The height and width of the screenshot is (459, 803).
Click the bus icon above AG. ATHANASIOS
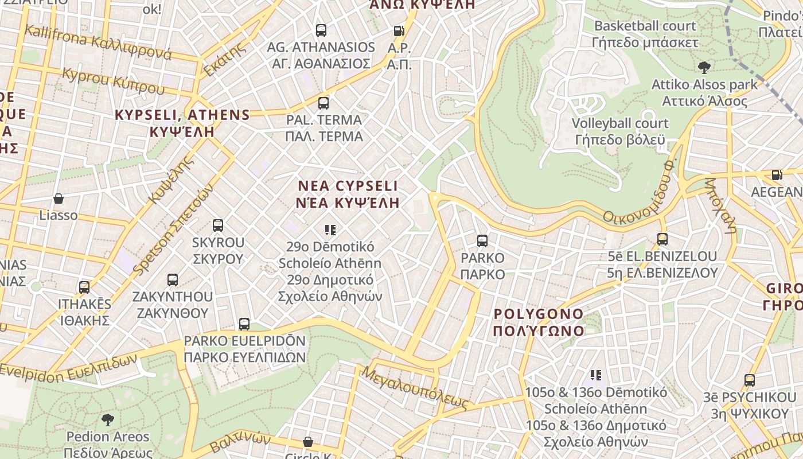pyautogui.click(x=321, y=30)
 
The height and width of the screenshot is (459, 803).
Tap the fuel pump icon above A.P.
pyautogui.click(x=399, y=31)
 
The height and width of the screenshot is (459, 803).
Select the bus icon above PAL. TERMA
pyautogui.click(x=323, y=103)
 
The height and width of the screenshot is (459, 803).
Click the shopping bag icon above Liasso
pyautogui.click(x=58, y=199)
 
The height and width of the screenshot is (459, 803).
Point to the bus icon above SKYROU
pyautogui.click(x=218, y=225)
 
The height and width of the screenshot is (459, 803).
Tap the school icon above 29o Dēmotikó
pyautogui.click(x=330, y=230)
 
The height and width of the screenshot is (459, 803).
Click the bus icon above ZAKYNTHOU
pyautogui.click(x=173, y=280)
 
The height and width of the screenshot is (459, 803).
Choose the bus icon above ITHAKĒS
pyautogui.click(x=84, y=287)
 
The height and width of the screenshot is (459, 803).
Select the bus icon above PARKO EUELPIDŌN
pyautogui.click(x=244, y=324)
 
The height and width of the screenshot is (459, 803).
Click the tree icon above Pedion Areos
pyautogui.click(x=107, y=420)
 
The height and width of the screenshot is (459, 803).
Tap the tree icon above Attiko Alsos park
pyautogui.click(x=704, y=68)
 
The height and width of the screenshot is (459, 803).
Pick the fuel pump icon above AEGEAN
pyautogui.click(x=777, y=175)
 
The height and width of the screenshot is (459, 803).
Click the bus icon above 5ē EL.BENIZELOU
pyautogui.click(x=662, y=239)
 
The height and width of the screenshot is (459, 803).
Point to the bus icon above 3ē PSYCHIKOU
pyautogui.click(x=750, y=380)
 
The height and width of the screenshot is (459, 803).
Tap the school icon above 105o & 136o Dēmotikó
pyautogui.click(x=596, y=375)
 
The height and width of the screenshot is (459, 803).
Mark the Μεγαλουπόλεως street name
pyautogui.click(x=416, y=388)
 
